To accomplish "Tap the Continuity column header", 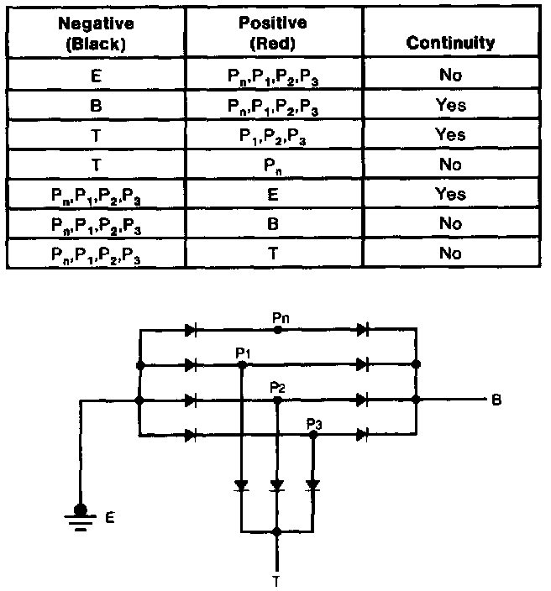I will (x=449, y=42).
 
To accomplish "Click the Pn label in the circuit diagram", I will (x=281, y=317).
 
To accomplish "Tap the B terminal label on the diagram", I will (x=497, y=400).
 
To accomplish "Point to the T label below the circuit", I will (x=276, y=578).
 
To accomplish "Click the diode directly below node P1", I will (x=242, y=485).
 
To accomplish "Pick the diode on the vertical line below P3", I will (x=312, y=485).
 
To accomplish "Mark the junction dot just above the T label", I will (x=276, y=531).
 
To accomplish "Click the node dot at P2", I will (x=277, y=400).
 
